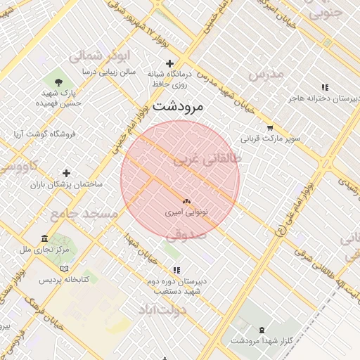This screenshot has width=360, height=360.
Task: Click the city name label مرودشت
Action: pyautogui.click(x=177, y=107)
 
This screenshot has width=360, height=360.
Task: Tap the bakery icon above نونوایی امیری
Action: pyautogui.click(x=186, y=201)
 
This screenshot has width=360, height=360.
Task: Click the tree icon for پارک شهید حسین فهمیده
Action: pyautogui.click(x=58, y=83)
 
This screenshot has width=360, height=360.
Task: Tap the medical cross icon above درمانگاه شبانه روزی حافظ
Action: pyautogui.click(x=169, y=64)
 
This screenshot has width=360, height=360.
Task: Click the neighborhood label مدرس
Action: pyautogui.click(x=266, y=73)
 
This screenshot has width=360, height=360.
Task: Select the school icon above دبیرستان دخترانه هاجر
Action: pyautogui.click(x=324, y=88)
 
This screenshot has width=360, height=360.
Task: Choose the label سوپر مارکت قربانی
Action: pyautogui.click(x=271, y=139)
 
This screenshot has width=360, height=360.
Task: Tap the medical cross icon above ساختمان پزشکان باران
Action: pyautogui.click(x=66, y=173)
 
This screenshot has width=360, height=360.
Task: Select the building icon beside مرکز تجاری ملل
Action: pyautogui.click(x=45, y=238)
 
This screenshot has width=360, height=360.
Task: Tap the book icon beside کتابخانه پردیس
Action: pyautogui.click(x=65, y=269)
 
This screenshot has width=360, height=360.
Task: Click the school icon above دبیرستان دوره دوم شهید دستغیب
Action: pyautogui.click(x=176, y=270)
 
